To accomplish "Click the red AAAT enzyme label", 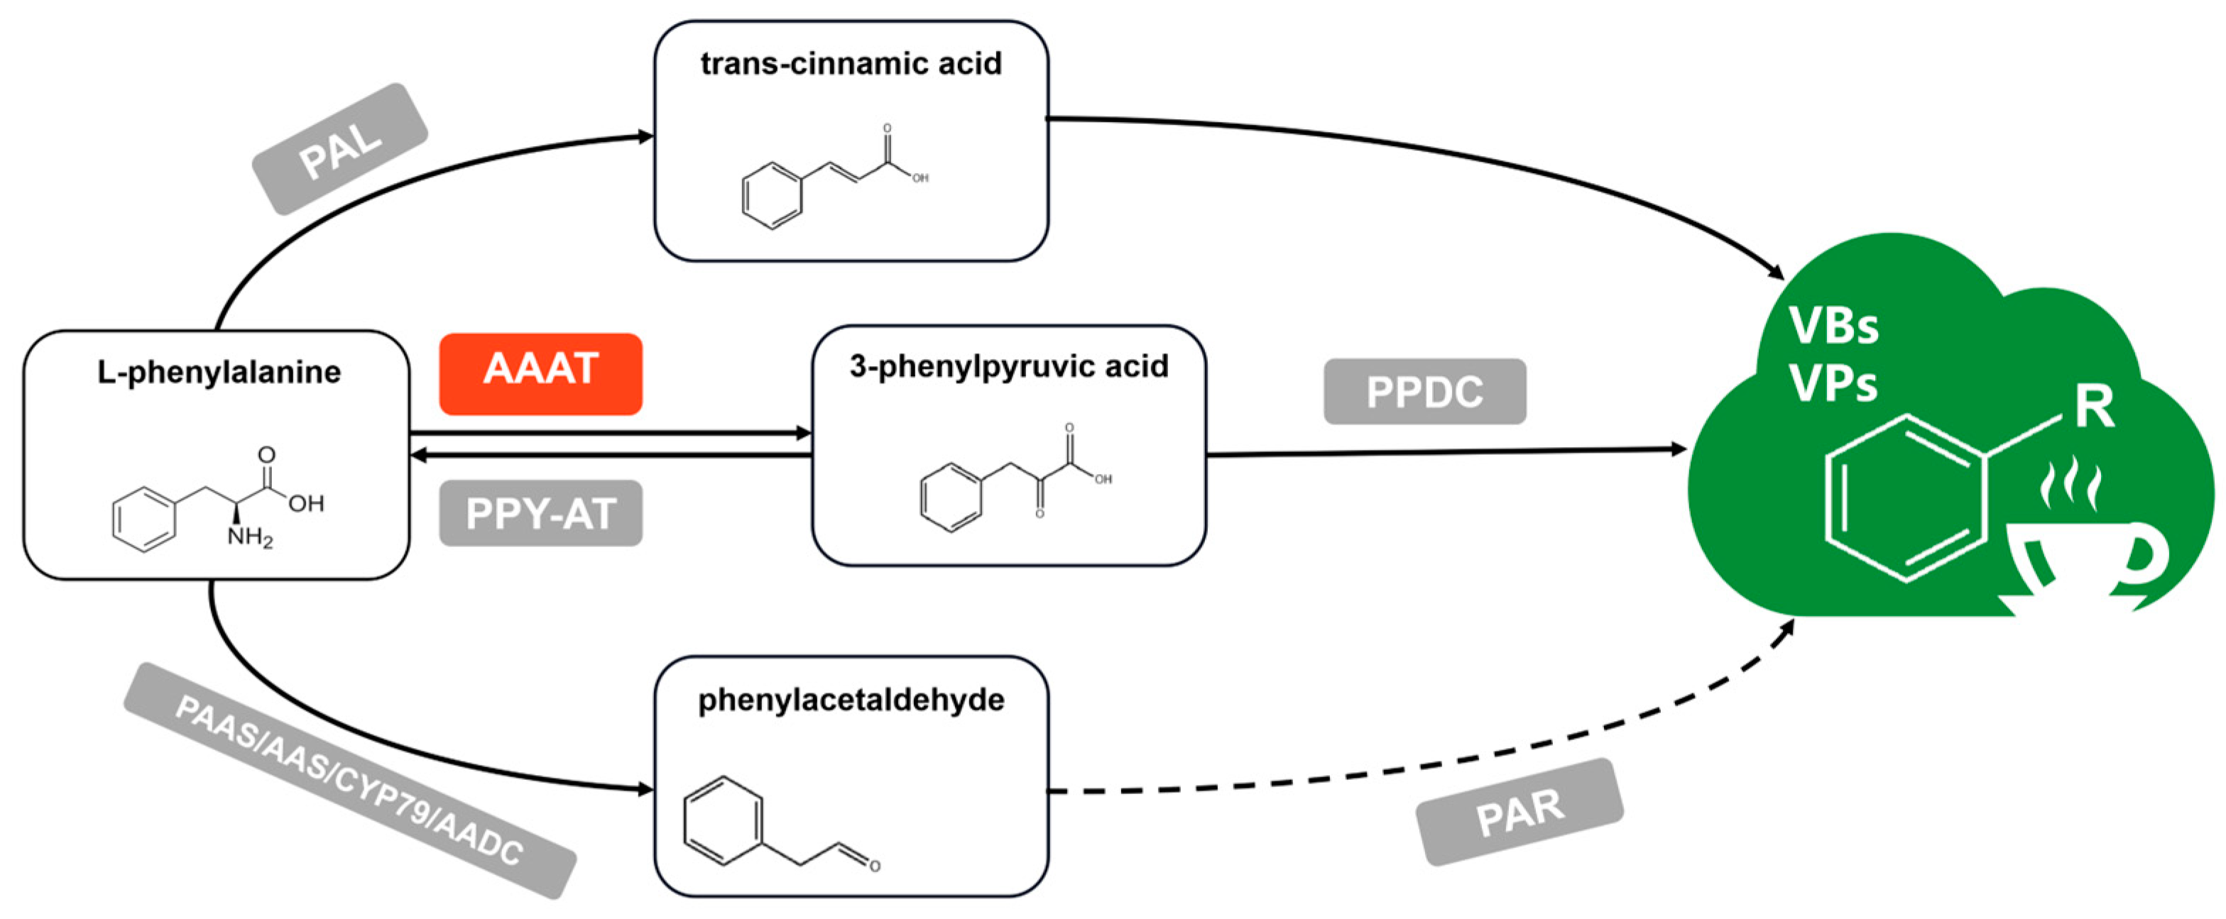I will [540, 373].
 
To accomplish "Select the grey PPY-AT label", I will [540, 513].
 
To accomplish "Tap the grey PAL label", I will [340, 148].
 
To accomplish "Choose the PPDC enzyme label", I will [1424, 391].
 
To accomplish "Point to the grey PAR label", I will [1519, 811].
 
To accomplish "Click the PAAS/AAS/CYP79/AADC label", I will [349, 780].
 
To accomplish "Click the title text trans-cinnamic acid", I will [851, 63].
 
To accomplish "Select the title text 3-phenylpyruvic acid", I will [1008, 366].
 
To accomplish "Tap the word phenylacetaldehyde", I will [851, 700].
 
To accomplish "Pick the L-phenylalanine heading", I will [219, 373].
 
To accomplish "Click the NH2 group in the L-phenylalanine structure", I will [250, 537].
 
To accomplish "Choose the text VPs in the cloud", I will [1832, 383].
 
